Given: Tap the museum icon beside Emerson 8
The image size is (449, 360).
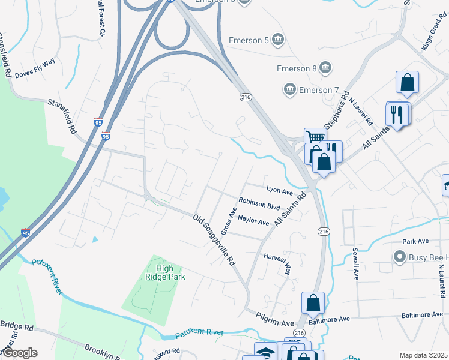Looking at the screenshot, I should point(325,67).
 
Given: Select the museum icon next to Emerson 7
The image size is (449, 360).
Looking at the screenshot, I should point(289,90).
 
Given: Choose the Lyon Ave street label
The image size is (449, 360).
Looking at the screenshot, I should point(279,191).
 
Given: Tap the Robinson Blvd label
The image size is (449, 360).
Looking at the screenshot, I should point(259,205).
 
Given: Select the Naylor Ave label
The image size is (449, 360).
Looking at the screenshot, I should point(253,220).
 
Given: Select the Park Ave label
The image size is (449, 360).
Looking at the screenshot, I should point(415,241).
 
